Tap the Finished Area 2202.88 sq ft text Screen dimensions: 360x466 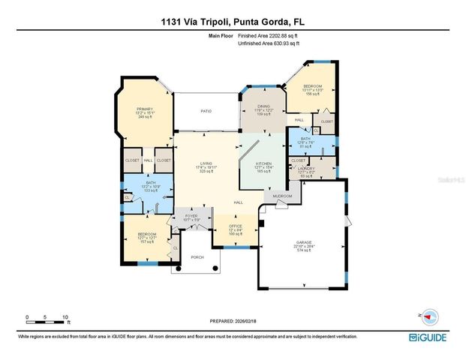[x=269, y=35]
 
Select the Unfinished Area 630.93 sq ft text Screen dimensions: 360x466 [x=269, y=43]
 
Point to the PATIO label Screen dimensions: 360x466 [x=205, y=111]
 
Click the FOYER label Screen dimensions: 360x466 [x=191, y=217]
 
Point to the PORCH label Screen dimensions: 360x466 [x=197, y=257]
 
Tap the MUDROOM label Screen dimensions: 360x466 [x=282, y=195]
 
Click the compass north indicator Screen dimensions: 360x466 [x=429, y=315]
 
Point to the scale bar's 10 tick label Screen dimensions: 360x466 [x=66, y=317]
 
